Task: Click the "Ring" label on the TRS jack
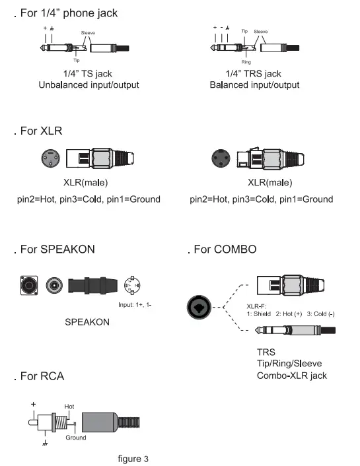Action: (x=246, y=61)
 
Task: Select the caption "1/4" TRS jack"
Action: (x=254, y=74)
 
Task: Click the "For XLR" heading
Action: (x=41, y=131)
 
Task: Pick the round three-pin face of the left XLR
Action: (x=48, y=159)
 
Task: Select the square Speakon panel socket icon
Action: (x=29, y=285)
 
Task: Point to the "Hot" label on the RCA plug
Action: (x=69, y=407)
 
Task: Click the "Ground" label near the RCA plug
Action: (x=75, y=437)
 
